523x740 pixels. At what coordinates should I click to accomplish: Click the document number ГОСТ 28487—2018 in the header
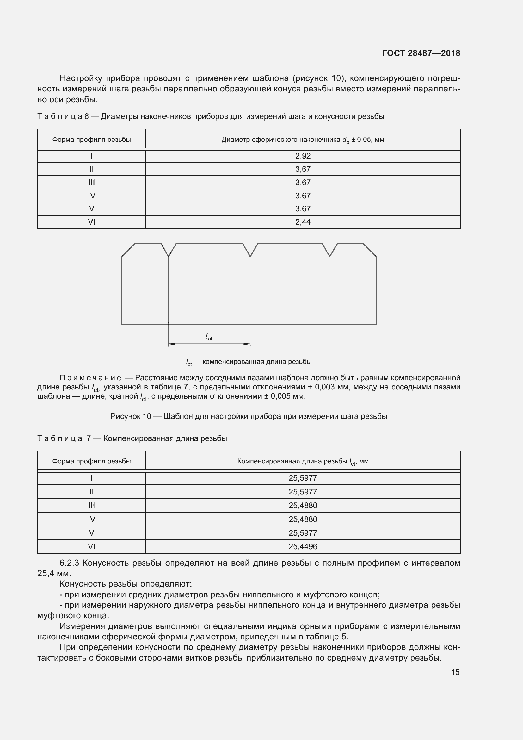tap(421, 53)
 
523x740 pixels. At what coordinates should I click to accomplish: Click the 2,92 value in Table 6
tap(303, 156)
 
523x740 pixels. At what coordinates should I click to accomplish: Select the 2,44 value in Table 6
tap(303, 222)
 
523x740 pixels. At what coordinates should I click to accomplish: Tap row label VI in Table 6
tap(91, 222)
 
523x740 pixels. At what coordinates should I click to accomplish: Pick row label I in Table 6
tap(91, 156)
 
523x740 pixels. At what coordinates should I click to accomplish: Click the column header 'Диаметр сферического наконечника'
tap(302, 140)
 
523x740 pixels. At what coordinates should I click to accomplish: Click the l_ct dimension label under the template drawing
tap(209, 337)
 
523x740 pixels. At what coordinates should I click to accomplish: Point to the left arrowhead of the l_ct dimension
tap(171, 344)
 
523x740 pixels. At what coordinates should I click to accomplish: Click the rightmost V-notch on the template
tap(330, 252)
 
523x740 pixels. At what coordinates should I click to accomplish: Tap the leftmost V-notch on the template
tap(169, 252)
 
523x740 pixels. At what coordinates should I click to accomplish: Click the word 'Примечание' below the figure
tap(90, 378)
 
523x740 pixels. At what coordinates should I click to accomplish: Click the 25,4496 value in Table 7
tap(303, 547)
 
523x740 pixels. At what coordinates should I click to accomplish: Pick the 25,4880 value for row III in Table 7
tap(303, 505)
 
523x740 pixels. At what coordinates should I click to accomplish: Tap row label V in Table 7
tap(91, 533)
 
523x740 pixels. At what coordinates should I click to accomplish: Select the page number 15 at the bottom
tap(455, 672)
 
